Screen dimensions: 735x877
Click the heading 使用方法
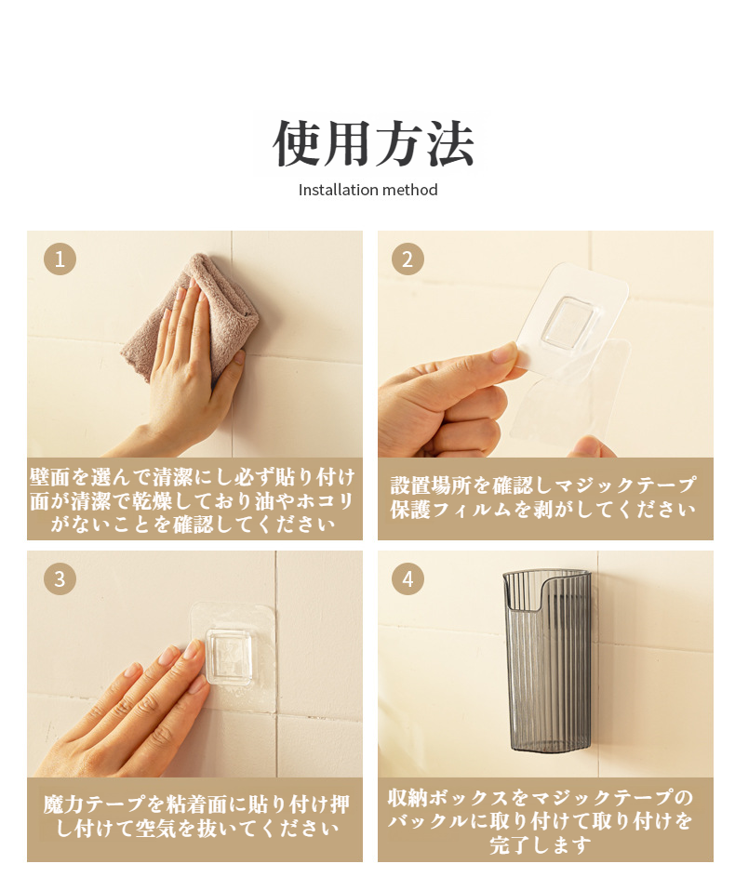(x=373, y=143)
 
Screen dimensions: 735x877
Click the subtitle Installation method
(x=368, y=190)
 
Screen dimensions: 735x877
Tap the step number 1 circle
(x=60, y=259)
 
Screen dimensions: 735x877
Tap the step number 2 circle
(x=408, y=259)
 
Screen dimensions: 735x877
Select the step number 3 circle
(x=60, y=578)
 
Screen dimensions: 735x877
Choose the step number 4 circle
(x=408, y=578)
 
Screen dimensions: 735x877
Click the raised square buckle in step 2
(x=570, y=322)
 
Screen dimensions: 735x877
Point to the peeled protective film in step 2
(x=570, y=392)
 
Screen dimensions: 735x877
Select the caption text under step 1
(x=194, y=500)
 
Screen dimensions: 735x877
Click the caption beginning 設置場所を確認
(x=543, y=498)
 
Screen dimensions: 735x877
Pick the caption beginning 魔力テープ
(x=195, y=817)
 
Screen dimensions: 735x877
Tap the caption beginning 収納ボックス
(x=541, y=821)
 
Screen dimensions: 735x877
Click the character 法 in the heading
(x=451, y=143)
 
